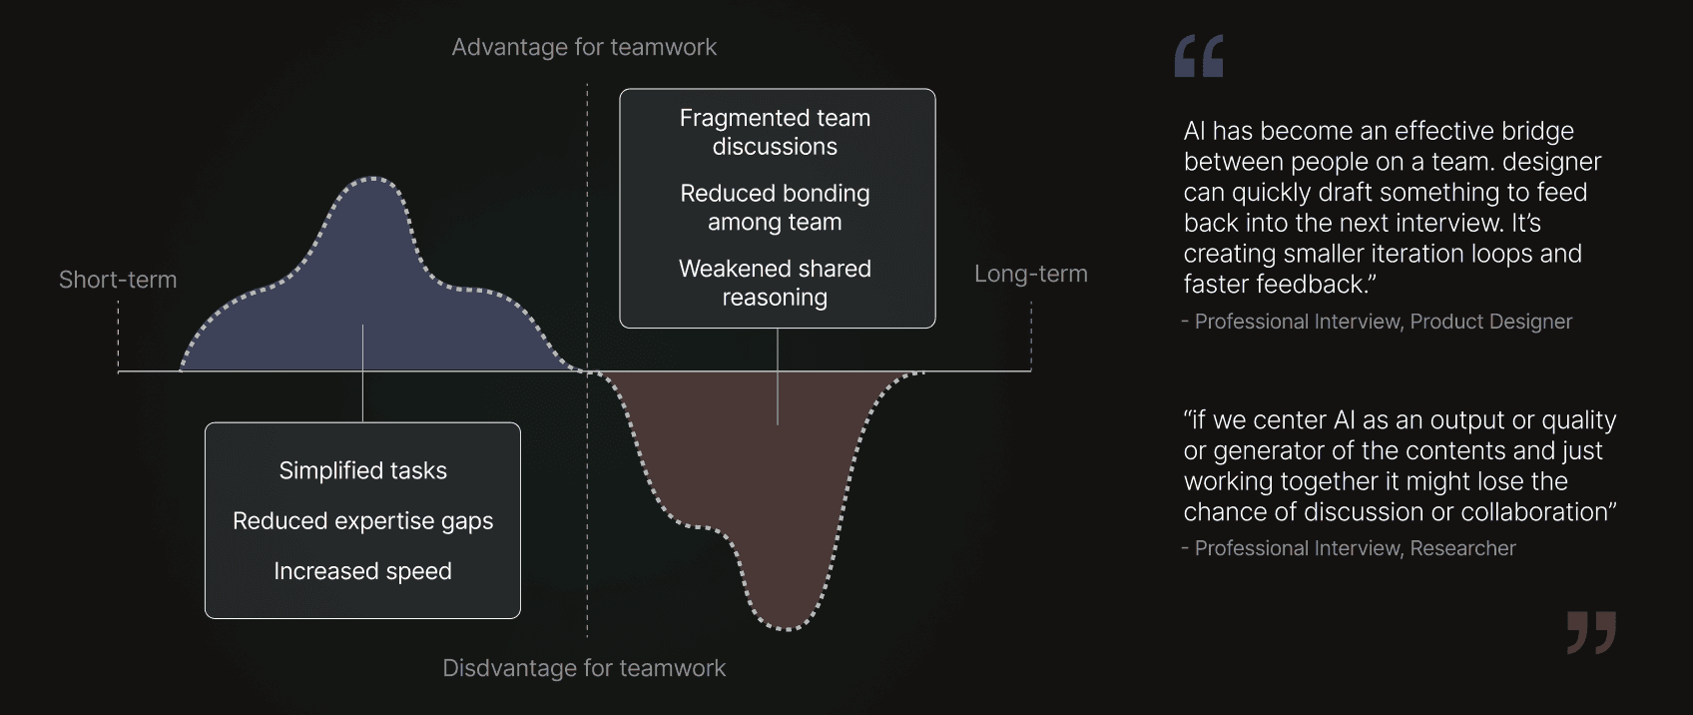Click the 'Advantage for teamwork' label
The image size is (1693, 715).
pyautogui.click(x=584, y=47)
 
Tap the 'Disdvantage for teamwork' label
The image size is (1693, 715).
pyautogui.click(x=584, y=668)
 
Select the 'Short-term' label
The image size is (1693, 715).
pyautogui.click(x=118, y=280)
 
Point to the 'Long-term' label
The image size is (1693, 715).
pyautogui.click(x=1030, y=274)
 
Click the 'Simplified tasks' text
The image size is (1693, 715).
pyautogui.click(x=362, y=470)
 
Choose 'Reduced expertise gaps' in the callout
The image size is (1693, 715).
pyautogui.click(x=362, y=521)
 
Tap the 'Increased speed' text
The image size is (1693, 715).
pyautogui.click(x=362, y=571)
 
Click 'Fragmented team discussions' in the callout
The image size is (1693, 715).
pyautogui.click(x=775, y=132)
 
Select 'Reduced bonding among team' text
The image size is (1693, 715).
pyautogui.click(x=775, y=208)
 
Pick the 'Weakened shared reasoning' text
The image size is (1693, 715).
pyautogui.click(x=775, y=283)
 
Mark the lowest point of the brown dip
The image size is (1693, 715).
pyautogui.click(x=787, y=627)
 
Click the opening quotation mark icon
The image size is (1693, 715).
pyautogui.click(x=1199, y=56)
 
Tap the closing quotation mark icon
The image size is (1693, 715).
pyautogui.click(x=1591, y=632)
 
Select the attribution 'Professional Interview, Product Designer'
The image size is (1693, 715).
pyautogui.click(x=1383, y=322)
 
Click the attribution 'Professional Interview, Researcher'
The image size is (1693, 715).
pyautogui.click(x=1355, y=548)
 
